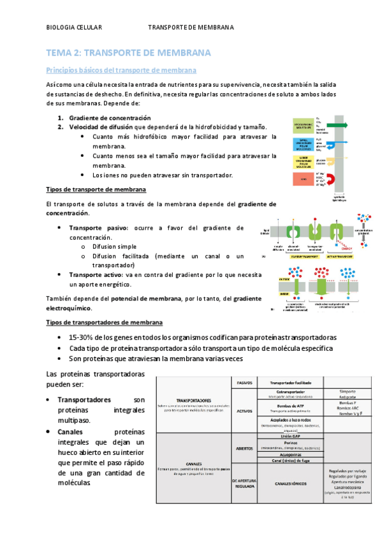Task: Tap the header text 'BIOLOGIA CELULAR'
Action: pos(75,28)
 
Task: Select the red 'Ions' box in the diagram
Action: pos(303,180)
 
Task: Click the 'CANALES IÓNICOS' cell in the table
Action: pos(290,483)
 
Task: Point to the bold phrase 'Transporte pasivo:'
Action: pos(99,228)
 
